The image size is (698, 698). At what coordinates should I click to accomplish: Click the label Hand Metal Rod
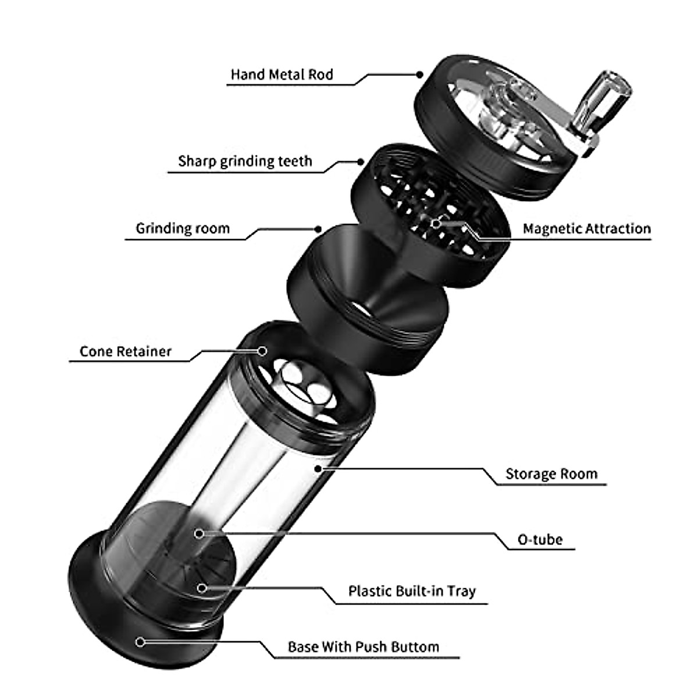click(282, 75)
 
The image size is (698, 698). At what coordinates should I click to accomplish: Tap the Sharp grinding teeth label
click(245, 161)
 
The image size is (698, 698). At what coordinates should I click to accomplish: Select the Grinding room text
click(183, 229)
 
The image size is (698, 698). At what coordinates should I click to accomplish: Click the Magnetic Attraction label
click(586, 229)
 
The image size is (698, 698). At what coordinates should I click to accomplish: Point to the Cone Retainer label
click(126, 352)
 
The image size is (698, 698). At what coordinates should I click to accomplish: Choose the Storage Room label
click(551, 474)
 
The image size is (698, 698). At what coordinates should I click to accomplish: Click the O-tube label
click(540, 540)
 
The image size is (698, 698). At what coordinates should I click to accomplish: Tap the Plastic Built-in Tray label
click(412, 592)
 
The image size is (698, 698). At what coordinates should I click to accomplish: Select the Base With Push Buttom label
click(363, 647)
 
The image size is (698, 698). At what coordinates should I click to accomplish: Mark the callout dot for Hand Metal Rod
click(419, 74)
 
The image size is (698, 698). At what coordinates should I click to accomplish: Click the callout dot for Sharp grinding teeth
click(361, 161)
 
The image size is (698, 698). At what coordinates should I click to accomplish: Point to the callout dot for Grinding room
click(318, 229)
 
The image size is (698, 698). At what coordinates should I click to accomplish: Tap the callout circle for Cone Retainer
click(262, 351)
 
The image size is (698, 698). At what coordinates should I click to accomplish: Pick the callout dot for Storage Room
click(318, 468)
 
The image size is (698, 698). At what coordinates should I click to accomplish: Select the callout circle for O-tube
click(199, 533)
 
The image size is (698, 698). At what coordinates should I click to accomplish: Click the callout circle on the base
click(140, 642)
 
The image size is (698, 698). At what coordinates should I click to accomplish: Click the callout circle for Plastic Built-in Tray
click(202, 588)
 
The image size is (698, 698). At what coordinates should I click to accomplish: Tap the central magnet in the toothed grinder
click(436, 223)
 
